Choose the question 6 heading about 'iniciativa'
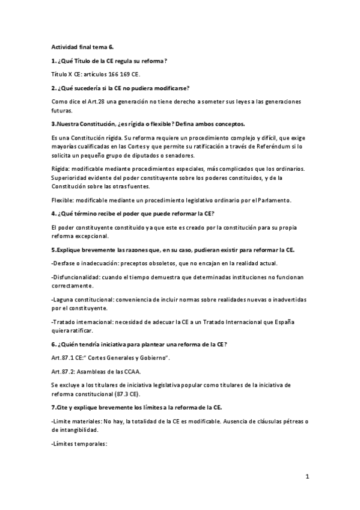[x=139, y=344]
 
